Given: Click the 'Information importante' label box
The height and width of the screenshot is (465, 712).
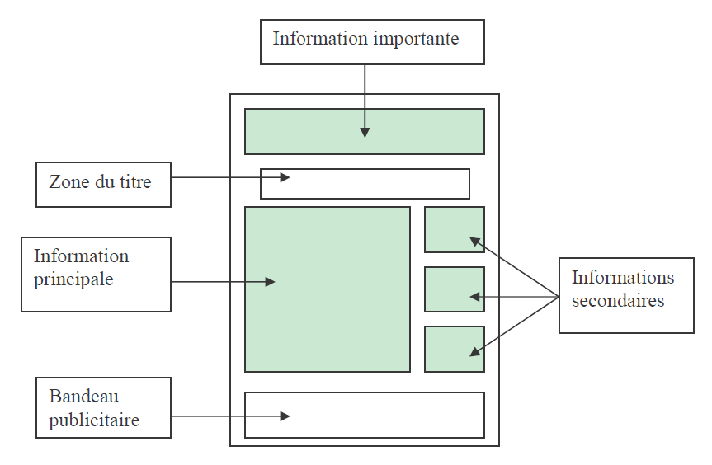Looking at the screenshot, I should coord(372,42).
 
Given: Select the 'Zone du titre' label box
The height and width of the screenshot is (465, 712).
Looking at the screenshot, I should coord(103,184).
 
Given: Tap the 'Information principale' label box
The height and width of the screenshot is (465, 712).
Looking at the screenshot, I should coord(96,275).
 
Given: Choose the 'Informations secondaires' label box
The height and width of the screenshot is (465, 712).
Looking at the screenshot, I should coord(626,295).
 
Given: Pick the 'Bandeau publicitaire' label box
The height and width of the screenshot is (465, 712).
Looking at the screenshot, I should coord(103,407).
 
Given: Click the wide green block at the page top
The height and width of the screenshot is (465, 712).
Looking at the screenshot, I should coord(364,131).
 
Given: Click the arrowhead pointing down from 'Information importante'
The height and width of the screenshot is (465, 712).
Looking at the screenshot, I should coord(365,133).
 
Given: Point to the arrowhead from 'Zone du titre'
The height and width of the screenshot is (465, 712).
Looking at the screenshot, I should coord(285,177).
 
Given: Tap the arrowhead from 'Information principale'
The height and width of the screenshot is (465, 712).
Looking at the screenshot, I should coord(270,282).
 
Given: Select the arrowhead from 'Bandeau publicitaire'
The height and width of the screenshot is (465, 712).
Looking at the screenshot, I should coord(285,416).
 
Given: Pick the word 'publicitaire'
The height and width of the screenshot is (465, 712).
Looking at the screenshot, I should coord(94,420).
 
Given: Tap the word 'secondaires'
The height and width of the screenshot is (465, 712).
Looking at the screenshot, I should coord(618,300).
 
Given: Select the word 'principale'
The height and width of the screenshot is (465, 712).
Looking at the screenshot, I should coord(73,279).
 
